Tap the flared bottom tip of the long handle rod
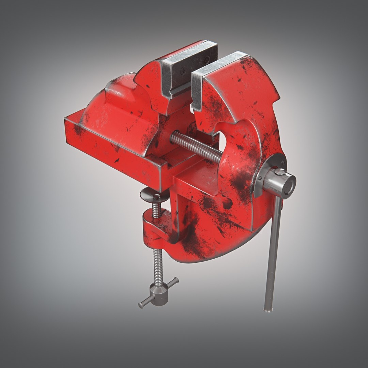click(x=268, y=309)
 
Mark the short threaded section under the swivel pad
click(x=156, y=209)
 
